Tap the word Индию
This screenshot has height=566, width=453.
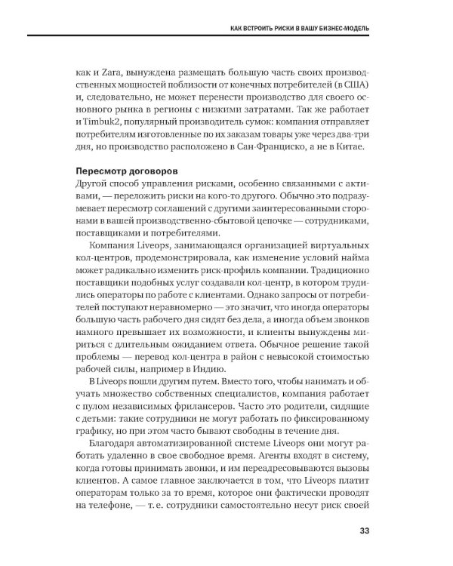(205, 370)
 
